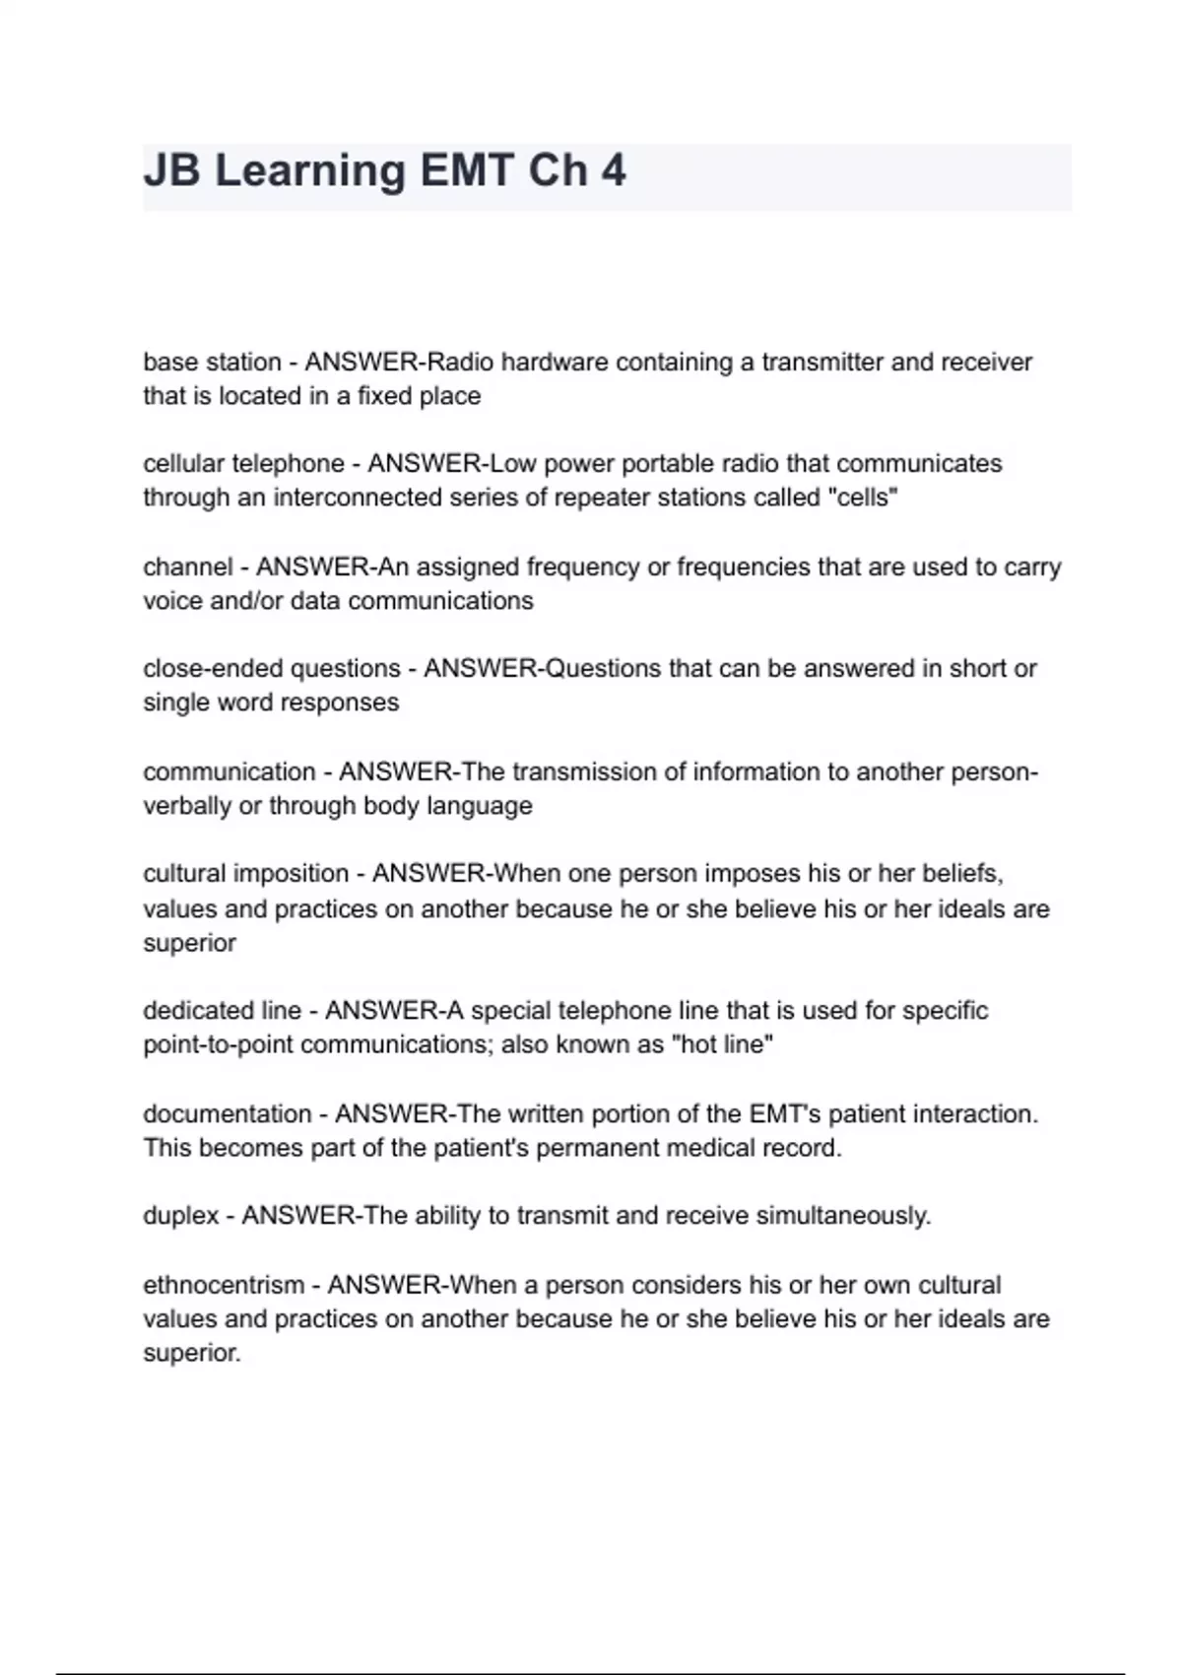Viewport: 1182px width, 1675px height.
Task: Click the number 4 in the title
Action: pos(613,170)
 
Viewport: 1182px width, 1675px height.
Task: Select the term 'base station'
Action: pos(212,363)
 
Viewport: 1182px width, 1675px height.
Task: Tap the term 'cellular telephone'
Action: pos(243,464)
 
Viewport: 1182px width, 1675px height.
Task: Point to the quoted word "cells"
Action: pos(866,498)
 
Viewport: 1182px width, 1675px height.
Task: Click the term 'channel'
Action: pos(188,568)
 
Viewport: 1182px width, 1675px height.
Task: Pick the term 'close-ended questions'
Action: pos(271,669)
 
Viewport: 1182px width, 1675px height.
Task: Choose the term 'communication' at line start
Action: pos(229,771)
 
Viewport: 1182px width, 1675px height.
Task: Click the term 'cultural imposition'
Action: pos(245,874)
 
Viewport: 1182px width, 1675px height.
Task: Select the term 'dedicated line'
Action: pos(222,1011)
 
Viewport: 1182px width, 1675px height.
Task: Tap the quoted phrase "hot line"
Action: pos(721,1044)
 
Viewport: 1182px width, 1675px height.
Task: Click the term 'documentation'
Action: pos(227,1114)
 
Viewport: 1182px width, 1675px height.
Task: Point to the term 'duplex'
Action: pos(180,1217)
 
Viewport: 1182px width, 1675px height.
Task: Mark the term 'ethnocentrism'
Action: pos(224,1286)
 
